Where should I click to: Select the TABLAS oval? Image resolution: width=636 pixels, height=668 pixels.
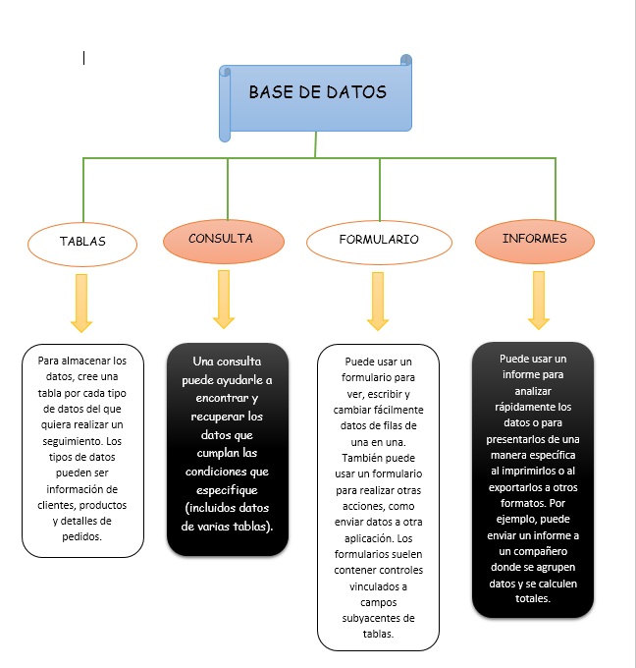click(82, 241)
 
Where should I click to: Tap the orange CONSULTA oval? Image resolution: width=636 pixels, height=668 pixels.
click(221, 239)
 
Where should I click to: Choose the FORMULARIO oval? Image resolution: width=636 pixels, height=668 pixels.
click(378, 240)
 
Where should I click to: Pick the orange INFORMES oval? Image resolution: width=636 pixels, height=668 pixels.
click(534, 239)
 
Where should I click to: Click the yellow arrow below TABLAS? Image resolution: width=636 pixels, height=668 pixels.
click(81, 302)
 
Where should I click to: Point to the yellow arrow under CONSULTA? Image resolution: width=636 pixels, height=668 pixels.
click(224, 299)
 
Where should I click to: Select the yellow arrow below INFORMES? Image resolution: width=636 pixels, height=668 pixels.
click(538, 300)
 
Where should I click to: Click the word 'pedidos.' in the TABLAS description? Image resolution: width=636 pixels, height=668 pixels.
click(82, 536)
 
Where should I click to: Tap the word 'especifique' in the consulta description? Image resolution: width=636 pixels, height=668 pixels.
click(227, 489)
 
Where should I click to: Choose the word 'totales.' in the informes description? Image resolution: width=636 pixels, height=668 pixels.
click(533, 598)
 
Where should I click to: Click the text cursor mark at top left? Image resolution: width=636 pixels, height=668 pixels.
click(84, 58)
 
